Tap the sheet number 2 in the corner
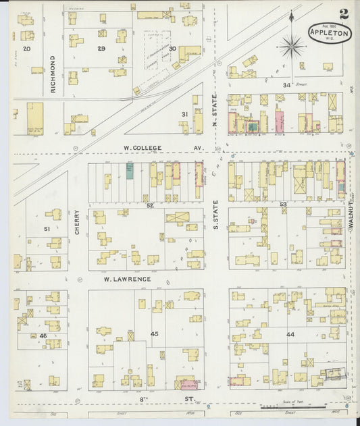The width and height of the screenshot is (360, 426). pos(344,13)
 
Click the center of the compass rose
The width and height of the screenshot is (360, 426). pos(292,46)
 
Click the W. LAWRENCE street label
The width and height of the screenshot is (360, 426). pos(126,278)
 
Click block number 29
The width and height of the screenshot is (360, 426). pos(101,49)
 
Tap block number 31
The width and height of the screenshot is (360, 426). pos(184,114)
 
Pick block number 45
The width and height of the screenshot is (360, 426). pos(154,334)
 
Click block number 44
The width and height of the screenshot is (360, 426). pos(290,334)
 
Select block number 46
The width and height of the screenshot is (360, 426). pos(43,335)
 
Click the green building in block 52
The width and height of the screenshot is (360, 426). pos(129,170)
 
